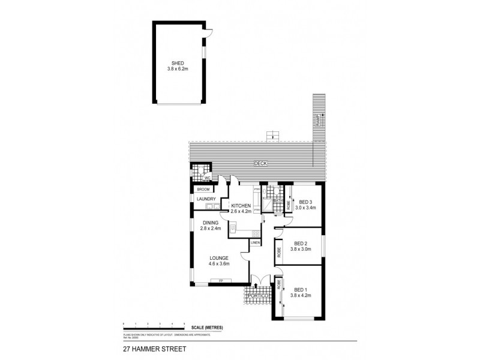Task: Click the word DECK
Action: point(259,163)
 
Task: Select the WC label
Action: point(206,178)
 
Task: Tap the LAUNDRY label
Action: point(206,199)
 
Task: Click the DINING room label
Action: point(211,223)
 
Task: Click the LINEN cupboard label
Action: point(255,242)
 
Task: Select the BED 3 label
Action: point(307,202)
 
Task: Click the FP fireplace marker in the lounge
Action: point(220,281)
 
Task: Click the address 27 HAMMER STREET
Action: point(146,347)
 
